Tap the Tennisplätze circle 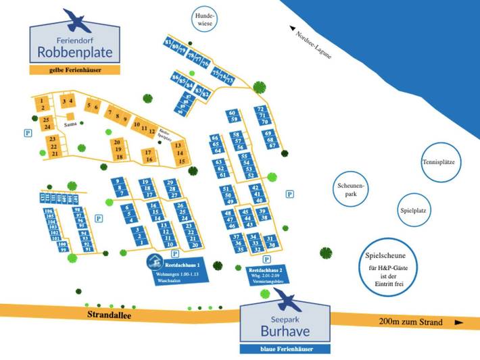(437, 163)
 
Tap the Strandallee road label (108, 314)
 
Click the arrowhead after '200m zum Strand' (459, 322)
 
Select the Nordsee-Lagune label (312, 44)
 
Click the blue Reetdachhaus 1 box (179, 272)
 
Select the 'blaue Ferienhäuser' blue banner (285, 349)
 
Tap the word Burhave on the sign (285, 331)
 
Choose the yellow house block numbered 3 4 (67, 101)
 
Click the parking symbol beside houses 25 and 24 (28, 132)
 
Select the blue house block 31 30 (271, 241)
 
